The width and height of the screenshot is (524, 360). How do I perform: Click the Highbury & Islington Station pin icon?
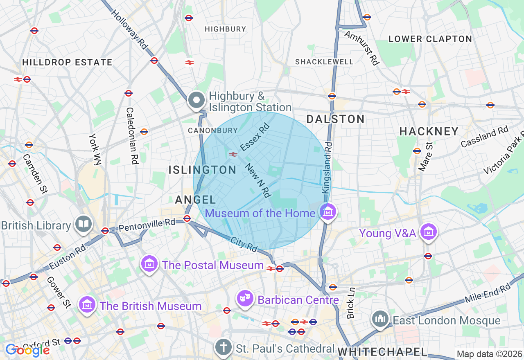point(196,100)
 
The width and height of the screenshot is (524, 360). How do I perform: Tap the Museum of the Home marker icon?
point(327,212)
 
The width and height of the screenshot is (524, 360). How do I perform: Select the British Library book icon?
point(83,224)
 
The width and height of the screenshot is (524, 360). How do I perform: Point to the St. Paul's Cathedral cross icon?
point(224,347)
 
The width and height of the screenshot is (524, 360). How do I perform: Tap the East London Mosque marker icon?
point(380,319)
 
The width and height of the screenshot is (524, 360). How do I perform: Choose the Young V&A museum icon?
point(428,232)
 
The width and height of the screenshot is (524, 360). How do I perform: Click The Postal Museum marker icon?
point(149,264)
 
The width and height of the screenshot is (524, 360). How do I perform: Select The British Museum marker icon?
point(87,305)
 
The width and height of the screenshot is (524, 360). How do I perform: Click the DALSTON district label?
point(335,119)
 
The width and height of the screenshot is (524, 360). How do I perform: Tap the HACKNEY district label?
point(429,131)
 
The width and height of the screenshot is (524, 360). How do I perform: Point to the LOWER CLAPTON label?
point(430,39)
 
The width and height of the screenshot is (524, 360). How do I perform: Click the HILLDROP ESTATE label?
point(67,63)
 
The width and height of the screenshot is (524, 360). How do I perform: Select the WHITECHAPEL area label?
point(382,351)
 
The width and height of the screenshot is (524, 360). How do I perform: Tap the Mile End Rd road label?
point(488,293)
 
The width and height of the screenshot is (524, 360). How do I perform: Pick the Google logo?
point(27,350)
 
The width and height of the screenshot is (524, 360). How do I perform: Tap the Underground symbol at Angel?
point(187,218)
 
